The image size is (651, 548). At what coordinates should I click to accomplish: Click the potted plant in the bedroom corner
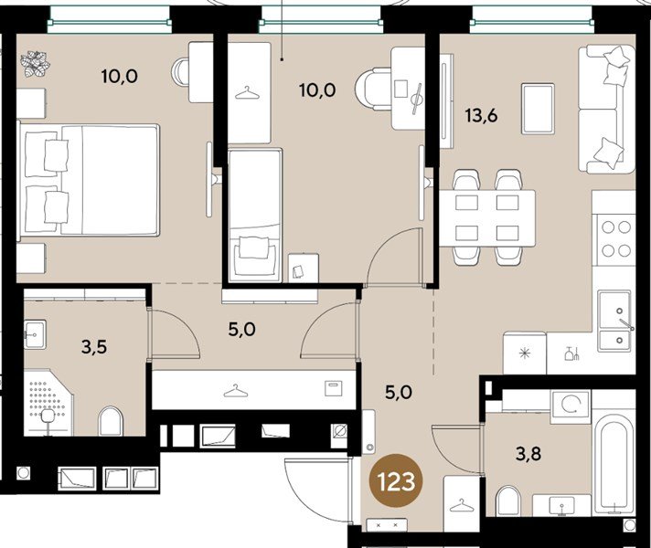[x=37, y=63]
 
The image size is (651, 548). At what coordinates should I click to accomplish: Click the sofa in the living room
[x=606, y=109]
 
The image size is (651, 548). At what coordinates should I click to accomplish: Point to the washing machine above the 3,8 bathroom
[x=569, y=404]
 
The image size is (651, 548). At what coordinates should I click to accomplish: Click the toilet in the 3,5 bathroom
[x=110, y=421]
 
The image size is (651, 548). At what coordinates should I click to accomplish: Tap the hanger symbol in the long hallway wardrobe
[x=237, y=390]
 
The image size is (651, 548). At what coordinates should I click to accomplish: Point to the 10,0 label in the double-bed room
[x=119, y=76]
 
